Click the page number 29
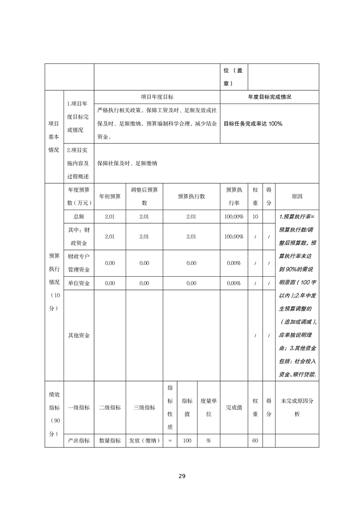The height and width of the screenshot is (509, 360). pos(182,476)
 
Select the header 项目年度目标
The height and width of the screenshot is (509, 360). pos(157,97)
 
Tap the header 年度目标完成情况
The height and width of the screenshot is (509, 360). pos(270,97)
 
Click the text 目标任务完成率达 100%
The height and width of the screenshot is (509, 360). pos(253,123)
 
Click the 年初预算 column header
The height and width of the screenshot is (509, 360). pos(110,196)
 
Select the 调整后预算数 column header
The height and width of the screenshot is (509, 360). pos(144,196)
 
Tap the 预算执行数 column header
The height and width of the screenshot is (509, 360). pos(191,196)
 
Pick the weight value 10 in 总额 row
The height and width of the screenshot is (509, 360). pos(255,217)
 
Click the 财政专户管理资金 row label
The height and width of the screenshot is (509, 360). pos(79,263)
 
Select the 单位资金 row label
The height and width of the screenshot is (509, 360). pos(79,283)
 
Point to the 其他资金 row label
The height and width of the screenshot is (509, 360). pos(79,335)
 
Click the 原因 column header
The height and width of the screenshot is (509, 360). pos(297,196)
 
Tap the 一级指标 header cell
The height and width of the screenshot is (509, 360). pos(79,407)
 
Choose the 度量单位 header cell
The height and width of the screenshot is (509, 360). pos(209,407)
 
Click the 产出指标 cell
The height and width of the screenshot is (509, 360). pos(79,440)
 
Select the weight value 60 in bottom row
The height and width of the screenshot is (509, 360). pos(255,440)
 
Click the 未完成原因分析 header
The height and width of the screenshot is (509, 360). pos(297,407)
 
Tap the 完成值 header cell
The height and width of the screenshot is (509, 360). pos(234,407)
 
